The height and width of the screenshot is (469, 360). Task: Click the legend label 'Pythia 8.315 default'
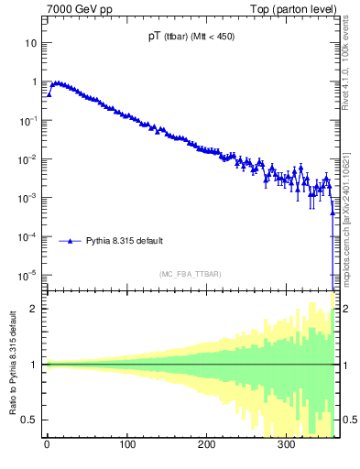coord(125,241)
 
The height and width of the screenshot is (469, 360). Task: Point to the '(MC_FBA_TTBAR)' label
coord(189,274)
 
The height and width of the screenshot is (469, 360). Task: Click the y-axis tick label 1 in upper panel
coord(34,82)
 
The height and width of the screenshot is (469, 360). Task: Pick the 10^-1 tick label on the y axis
coord(29,120)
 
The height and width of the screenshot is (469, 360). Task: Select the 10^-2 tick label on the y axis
coord(29,158)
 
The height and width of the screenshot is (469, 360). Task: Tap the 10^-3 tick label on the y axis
coord(29,197)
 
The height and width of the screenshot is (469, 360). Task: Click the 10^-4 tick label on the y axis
coord(29,236)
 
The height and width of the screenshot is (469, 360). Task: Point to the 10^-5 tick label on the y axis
coord(29,275)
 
